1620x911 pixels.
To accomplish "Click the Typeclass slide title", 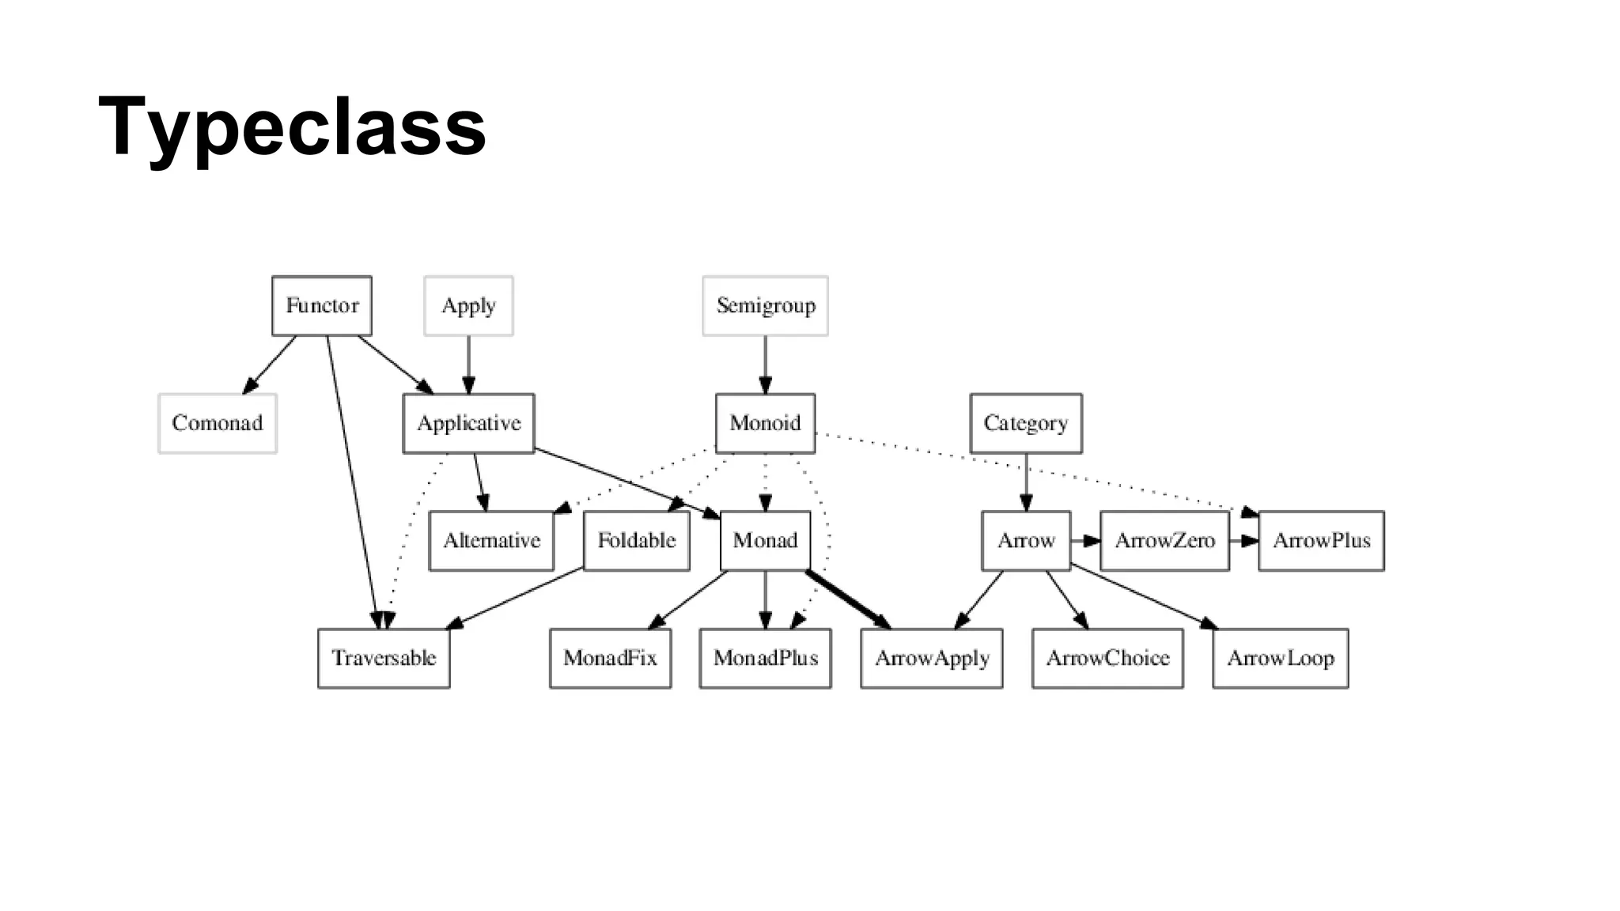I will pos(292,127).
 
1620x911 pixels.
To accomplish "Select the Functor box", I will pos(322,305).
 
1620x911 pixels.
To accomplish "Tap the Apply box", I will pos(468,305).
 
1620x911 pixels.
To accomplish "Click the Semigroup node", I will pos(765,305).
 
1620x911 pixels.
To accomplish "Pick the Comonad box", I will pos(218,423).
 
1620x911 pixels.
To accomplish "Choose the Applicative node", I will pos(468,423).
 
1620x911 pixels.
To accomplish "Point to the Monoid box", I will pos(765,423).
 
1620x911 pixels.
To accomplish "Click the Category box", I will pos(1026,423).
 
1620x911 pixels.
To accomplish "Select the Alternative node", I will pos(491,541).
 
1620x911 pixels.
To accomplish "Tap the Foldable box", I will pos(636,541).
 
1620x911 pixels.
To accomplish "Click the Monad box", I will pos(765,541).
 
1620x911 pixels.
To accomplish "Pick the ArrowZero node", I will pos(1164,541).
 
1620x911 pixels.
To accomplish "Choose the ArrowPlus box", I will pos(1321,541).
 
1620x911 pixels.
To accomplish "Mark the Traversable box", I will pos(384,658).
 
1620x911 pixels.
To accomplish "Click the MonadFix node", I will pos(610,658).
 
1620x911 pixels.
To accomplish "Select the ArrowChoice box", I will pos(1107,658).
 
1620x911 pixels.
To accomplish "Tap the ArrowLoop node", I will pos(1280,658).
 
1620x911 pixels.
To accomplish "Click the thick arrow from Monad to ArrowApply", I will pos(846,599).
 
